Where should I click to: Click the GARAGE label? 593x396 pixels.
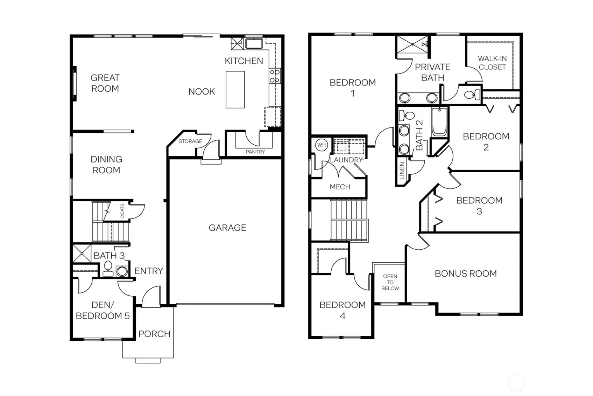tap(227, 228)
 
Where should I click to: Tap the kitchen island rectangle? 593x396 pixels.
tap(235, 90)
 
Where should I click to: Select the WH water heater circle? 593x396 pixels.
tap(321, 145)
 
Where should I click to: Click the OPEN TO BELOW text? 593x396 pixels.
tap(390, 282)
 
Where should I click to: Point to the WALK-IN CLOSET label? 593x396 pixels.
tap(492, 63)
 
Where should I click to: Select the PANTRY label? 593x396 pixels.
tap(255, 152)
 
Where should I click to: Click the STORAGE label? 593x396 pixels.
tap(190, 141)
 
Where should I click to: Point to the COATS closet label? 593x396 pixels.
tap(122, 211)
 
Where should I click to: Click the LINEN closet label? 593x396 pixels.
tap(402, 171)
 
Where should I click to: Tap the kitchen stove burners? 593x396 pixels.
tap(275, 76)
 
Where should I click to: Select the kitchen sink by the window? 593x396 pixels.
tap(254, 44)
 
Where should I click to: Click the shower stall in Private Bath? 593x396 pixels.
tap(412, 44)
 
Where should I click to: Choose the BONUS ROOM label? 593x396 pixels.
tap(465, 273)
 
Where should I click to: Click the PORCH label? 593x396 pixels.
tap(154, 334)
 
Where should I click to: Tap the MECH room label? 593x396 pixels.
tap(340, 187)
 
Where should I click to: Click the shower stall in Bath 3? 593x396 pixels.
tap(82, 253)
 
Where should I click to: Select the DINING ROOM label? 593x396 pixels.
tap(106, 165)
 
